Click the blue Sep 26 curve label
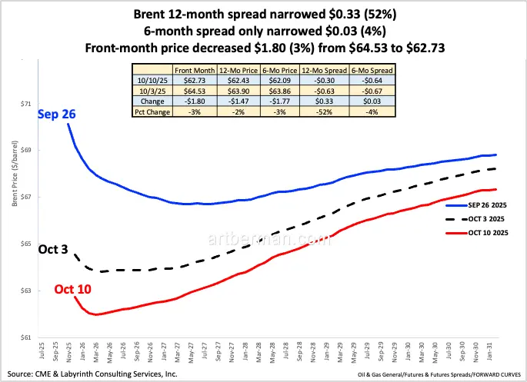pos(56,115)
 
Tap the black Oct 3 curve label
pos(54,251)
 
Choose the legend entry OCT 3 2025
pos(488,219)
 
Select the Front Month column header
pos(195,69)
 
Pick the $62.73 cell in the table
pos(195,79)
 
